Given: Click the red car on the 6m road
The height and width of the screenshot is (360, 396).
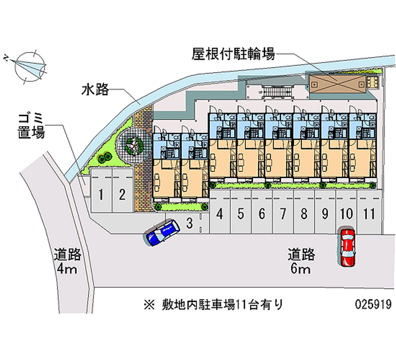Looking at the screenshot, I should coord(348,247).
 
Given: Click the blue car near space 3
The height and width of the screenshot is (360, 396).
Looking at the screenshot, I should coord(161,233).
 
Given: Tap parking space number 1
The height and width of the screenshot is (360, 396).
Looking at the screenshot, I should coord(101,194).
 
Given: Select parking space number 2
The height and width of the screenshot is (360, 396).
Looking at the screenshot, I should coord(122,194).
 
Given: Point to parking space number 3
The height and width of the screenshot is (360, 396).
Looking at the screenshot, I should coord(189,223).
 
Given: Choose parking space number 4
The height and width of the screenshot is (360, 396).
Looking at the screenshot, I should coord(219,214).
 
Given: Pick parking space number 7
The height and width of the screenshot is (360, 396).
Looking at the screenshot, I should coord(283,214).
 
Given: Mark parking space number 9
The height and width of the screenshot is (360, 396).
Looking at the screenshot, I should coord(325,214).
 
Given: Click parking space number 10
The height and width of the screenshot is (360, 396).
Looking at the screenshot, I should coord(346,214).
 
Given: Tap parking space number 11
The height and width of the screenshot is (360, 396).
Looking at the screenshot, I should coord(367,214).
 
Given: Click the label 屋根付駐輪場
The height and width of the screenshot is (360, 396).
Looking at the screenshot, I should coord(233,54).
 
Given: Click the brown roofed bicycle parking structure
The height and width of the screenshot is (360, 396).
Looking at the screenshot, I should coord(337,82).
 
